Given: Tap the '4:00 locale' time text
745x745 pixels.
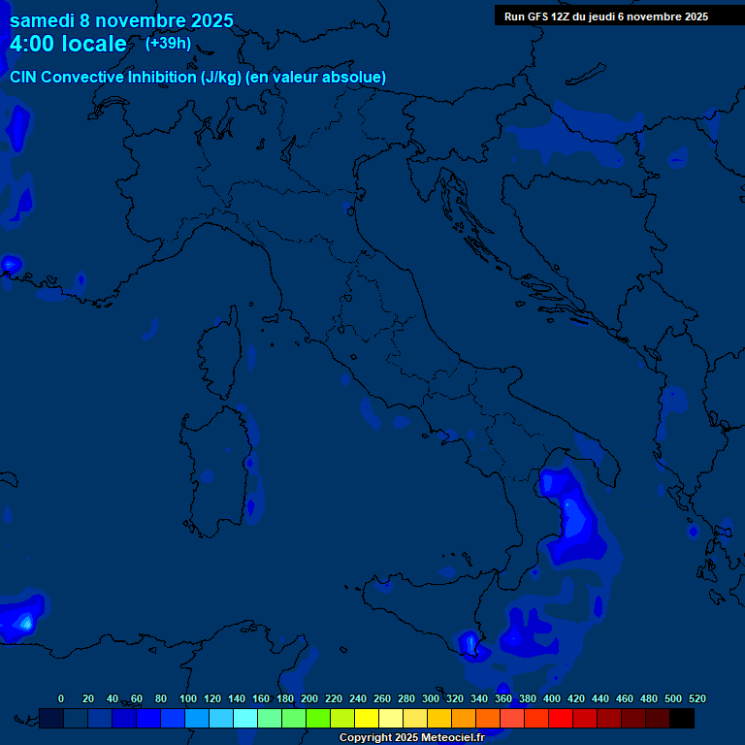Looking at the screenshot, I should [x=68, y=45].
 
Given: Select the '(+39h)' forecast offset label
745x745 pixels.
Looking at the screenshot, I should [x=168, y=44].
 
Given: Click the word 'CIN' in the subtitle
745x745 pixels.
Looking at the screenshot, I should [x=24, y=77].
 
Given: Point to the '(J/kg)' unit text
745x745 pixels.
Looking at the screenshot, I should [x=222, y=77].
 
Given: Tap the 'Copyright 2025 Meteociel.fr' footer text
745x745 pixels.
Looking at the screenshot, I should [x=411, y=738].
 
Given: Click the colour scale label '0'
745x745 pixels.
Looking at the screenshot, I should [x=61, y=698].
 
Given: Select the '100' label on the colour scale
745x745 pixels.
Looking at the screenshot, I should [x=188, y=698].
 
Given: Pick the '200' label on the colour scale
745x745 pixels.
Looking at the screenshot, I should [x=309, y=698].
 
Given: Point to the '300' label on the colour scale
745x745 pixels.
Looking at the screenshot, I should [x=431, y=698].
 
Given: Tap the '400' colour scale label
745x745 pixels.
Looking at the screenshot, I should [x=552, y=698].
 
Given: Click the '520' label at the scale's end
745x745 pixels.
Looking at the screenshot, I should [x=696, y=698].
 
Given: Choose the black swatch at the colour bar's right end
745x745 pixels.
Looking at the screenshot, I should [x=682, y=719].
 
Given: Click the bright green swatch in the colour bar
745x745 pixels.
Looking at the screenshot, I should [x=318, y=719].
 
